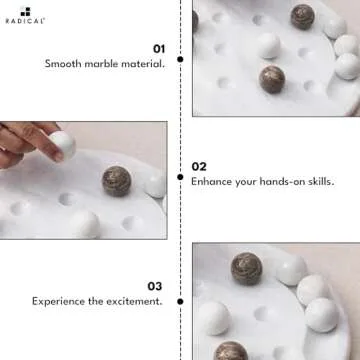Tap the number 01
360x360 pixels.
tap(158, 48)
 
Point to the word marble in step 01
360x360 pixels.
tap(103, 64)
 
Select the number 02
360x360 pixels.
tap(200, 166)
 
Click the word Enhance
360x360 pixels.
tap(213, 182)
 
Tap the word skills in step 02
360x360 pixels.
tap(317, 182)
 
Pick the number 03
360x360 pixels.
tap(154, 285)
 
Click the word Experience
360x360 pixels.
tap(58, 301)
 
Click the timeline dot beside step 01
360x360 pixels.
tap(180, 59)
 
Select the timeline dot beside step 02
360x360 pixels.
tap(180, 176)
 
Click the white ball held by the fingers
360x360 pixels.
tap(62, 144)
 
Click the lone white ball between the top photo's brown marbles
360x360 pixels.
tap(268, 46)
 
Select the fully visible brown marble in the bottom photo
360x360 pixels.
tap(247, 268)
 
